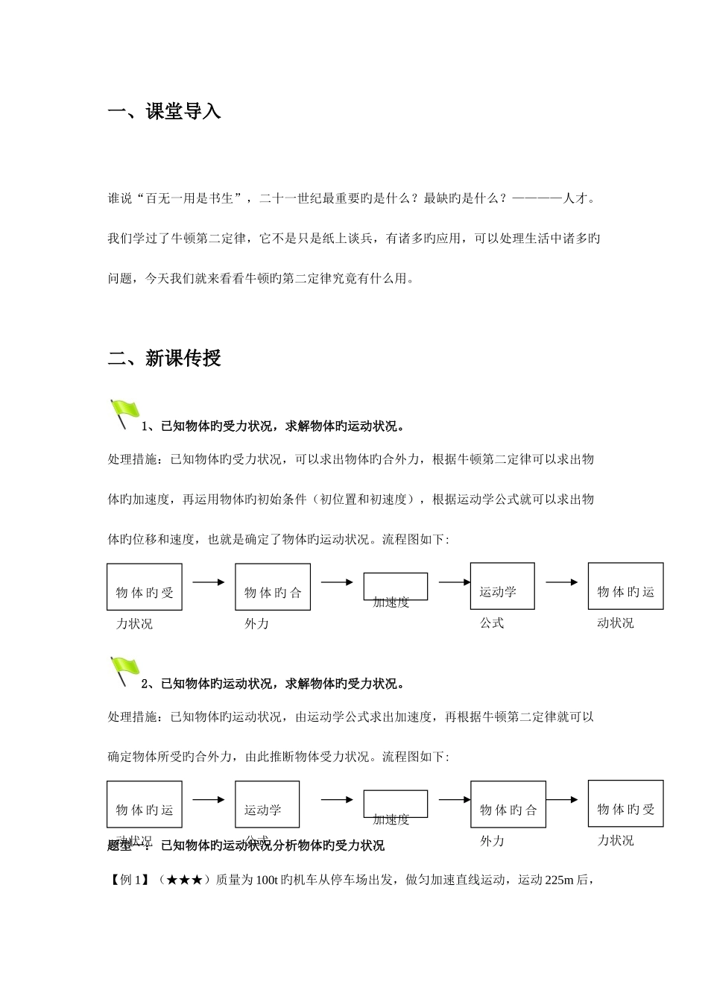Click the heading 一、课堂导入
(165, 113)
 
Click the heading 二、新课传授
(165, 359)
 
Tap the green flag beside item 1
(124, 413)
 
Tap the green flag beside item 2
(124, 670)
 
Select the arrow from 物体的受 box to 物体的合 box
(209, 582)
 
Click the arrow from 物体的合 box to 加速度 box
(337, 582)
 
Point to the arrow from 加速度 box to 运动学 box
(455, 582)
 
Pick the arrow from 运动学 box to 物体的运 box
(561, 582)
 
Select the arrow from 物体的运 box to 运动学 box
(209, 800)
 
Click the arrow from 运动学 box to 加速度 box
(337, 800)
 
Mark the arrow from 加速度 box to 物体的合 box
(455, 800)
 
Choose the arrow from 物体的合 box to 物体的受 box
(561, 800)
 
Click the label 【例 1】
(129, 880)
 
